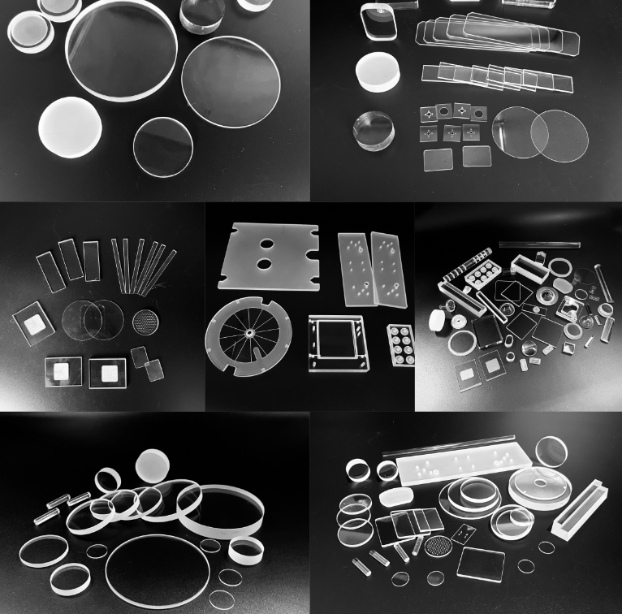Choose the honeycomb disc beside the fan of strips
click(145, 318)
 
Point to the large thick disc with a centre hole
click(539, 492)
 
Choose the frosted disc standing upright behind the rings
click(154, 466)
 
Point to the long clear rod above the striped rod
click(540, 244)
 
